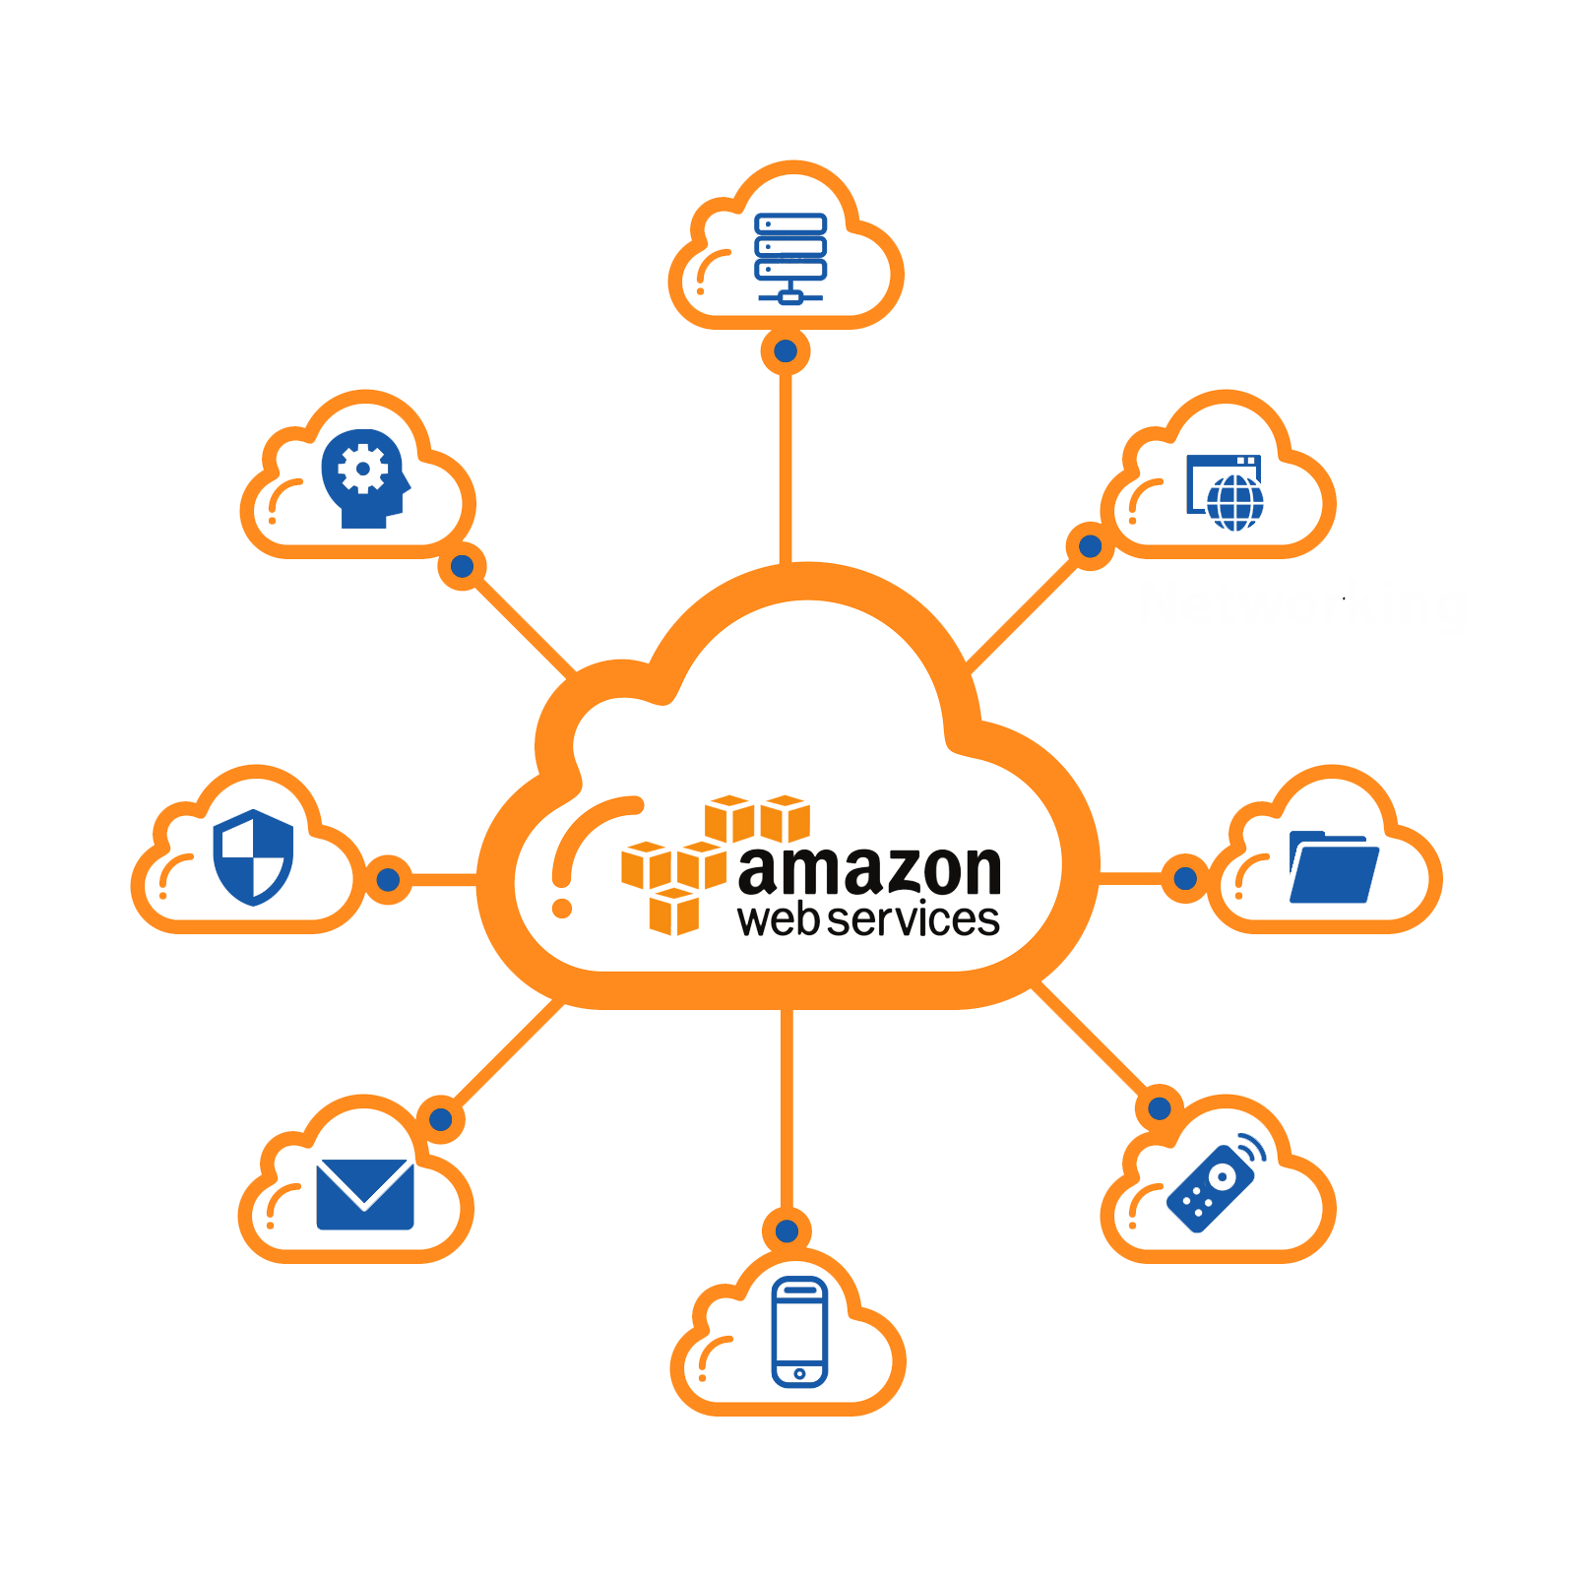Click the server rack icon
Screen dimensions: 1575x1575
point(789,258)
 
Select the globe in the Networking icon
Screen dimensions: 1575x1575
point(1234,502)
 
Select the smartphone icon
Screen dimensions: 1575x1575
point(799,1331)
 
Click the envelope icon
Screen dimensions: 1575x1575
point(364,1193)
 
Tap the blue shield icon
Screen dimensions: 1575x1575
point(254,856)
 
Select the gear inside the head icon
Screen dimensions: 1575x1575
point(361,470)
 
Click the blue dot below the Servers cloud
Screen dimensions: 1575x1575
point(786,351)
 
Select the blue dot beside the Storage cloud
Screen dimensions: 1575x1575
point(1185,877)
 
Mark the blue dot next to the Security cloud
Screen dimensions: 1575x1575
point(388,879)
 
